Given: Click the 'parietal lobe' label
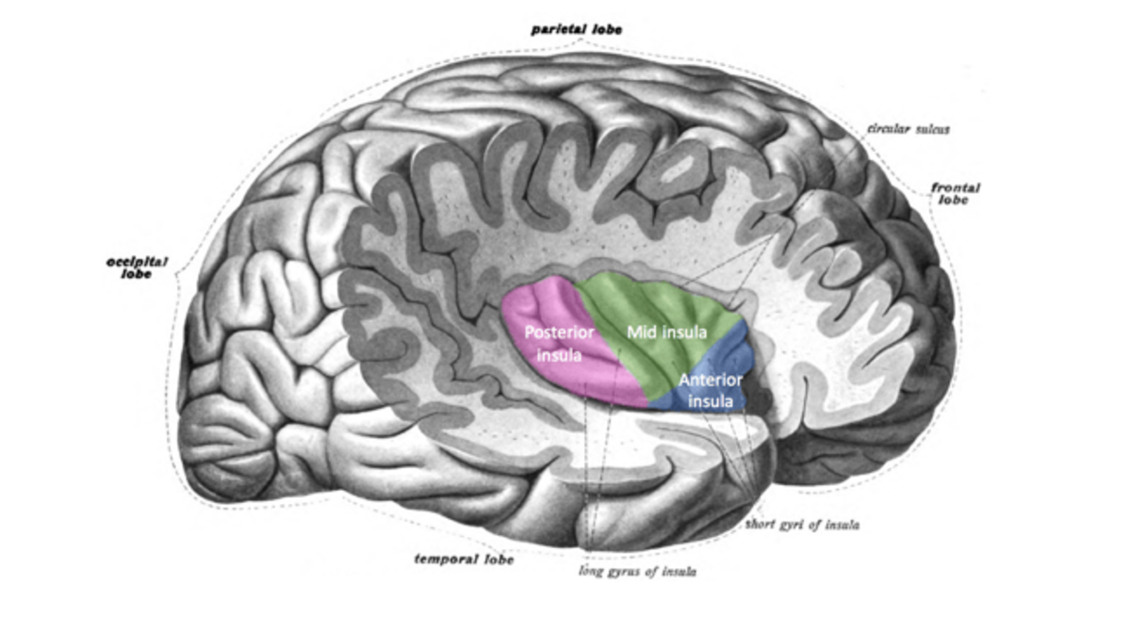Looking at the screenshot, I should (x=576, y=30).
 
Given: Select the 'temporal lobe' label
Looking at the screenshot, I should (x=465, y=560).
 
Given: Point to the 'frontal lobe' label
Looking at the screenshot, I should (x=955, y=195).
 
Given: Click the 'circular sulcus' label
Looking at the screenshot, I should (x=908, y=129).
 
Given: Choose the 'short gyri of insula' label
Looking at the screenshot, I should (x=801, y=524).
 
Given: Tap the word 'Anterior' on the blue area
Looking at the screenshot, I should (x=710, y=381).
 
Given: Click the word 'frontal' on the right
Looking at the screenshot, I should (x=955, y=188).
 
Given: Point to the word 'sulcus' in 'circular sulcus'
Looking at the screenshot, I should (x=929, y=129).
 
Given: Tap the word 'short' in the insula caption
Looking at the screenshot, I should (x=762, y=524).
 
